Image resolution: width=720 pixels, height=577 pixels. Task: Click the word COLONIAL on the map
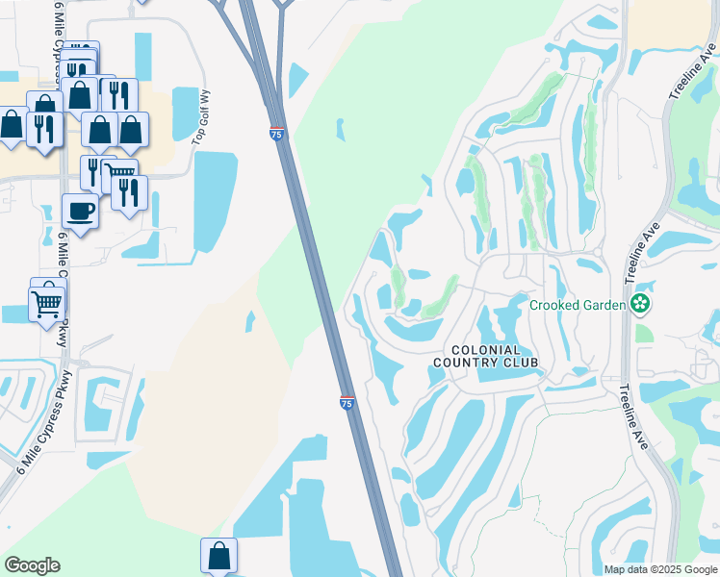click(486, 350)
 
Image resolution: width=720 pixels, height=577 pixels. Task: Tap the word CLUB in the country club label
click(519, 363)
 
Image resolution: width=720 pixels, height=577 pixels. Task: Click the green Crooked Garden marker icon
click(640, 305)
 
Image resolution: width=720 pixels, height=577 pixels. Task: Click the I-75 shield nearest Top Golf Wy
click(276, 135)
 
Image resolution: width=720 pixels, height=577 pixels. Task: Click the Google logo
click(32, 565)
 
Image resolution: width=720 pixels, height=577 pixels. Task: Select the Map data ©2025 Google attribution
click(659, 569)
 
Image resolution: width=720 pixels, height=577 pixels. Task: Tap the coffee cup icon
click(80, 211)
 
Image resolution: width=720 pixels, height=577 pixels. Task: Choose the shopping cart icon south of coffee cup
click(47, 305)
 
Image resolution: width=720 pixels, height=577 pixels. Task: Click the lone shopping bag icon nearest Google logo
click(219, 555)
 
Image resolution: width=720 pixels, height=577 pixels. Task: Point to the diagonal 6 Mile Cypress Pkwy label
click(38, 420)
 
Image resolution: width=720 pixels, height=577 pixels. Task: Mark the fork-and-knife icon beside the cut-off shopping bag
click(44, 128)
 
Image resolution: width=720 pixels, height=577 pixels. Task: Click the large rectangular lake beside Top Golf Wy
click(216, 202)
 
